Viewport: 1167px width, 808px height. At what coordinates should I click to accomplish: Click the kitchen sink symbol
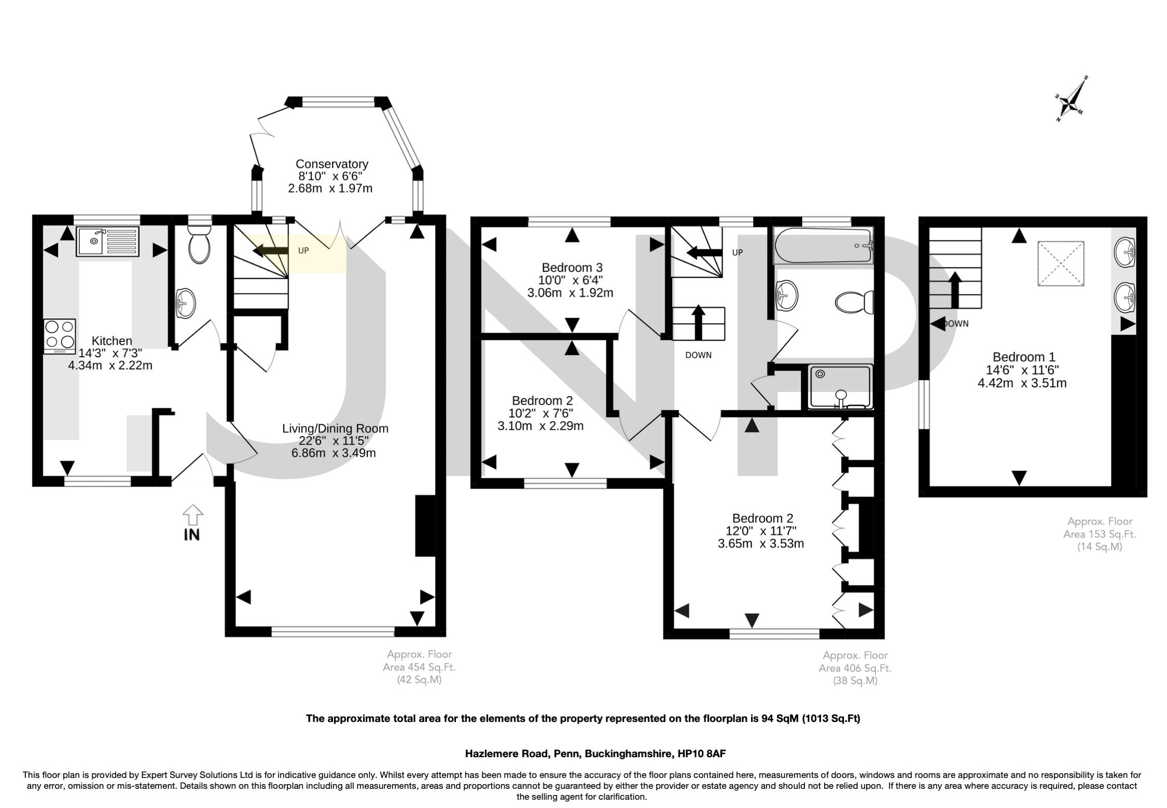108,241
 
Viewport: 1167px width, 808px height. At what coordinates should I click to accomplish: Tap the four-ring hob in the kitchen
60,336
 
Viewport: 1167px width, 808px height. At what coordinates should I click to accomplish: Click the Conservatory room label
331,164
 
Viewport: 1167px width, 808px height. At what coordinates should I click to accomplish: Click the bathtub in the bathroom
823,246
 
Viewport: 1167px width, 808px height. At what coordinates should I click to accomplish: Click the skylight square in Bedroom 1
1061,263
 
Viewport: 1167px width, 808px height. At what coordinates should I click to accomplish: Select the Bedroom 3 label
572,268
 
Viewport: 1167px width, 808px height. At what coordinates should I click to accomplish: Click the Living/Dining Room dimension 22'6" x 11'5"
335,441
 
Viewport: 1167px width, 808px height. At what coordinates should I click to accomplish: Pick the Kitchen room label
112,341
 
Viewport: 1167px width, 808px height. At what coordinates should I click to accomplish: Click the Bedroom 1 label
1023,357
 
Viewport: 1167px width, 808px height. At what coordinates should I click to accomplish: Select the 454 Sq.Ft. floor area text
419,667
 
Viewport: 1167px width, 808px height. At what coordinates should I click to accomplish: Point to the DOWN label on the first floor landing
698,355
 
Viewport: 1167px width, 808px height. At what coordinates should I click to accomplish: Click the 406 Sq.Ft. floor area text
855,668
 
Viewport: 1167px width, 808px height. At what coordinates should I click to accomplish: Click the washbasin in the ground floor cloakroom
185,302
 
